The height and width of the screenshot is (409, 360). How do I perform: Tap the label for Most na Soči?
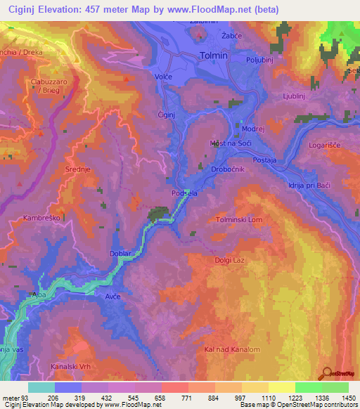pos(229,143)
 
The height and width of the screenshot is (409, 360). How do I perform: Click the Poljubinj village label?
pos(262,60)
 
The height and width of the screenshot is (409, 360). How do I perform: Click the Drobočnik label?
pos(228,169)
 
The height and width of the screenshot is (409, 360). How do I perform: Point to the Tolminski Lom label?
pos(238,220)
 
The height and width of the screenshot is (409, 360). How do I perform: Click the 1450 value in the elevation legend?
pos(348,398)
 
